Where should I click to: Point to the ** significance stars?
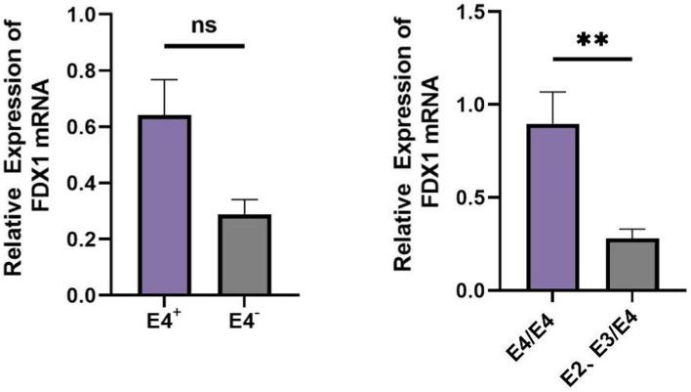pos(593,41)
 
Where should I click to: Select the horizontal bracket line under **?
pos(593,60)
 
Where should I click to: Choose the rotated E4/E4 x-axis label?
pos(536,337)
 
